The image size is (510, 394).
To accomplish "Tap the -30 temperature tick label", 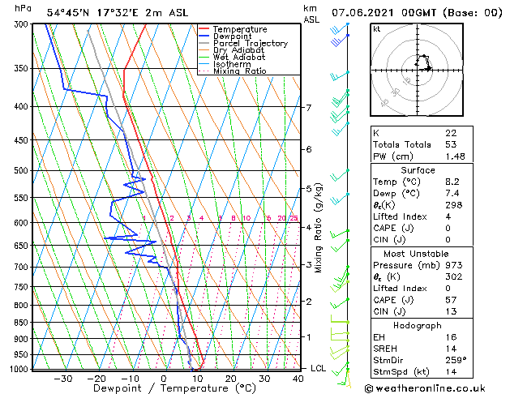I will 62,378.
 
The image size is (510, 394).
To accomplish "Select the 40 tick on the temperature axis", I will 298,378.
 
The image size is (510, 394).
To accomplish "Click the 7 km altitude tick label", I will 308,108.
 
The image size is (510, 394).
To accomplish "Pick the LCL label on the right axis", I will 319,368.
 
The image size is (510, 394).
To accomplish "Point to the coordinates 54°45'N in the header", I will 68,13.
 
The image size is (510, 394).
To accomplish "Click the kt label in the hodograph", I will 376,29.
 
